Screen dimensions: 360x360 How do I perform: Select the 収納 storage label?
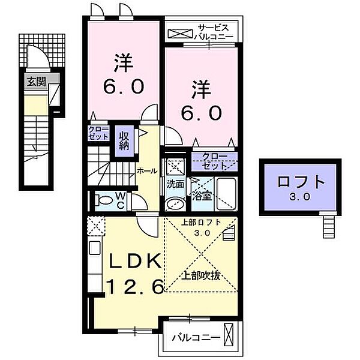[124, 140]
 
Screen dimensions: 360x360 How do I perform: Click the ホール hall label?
[147, 171]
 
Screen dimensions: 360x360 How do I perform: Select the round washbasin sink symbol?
[175, 203]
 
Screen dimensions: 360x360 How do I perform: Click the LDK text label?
[134, 262]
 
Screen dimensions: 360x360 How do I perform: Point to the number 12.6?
[134, 288]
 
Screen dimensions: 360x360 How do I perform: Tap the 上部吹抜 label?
[201, 276]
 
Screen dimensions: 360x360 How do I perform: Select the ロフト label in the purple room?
[301, 182]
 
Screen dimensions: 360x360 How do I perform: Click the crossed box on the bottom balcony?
[229, 334]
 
